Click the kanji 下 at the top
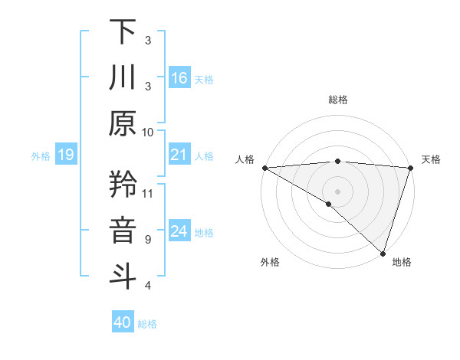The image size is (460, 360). tap(123, 31)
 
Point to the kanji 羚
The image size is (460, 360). tap(123, 185)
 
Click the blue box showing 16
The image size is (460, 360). tap(179, 77)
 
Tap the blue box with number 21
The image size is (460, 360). tap(179, 155)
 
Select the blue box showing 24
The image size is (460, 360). tap(179, 232)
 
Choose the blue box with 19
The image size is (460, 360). tap(65, 155)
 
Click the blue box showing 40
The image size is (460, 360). tap(123, 322)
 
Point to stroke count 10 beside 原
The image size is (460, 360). tap(148, 132)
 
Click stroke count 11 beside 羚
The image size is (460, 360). tap(148, 193)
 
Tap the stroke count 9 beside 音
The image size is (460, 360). tap(148, 239)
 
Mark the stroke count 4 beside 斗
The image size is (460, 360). tap(148, 286)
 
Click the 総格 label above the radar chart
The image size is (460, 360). tap(338, 100)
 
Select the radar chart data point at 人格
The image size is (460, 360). tap(264, 168)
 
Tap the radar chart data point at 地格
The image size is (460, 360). tap(383, 252)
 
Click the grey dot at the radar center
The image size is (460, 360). tap(337, 190)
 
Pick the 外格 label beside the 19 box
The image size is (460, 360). tap(41, 156)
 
